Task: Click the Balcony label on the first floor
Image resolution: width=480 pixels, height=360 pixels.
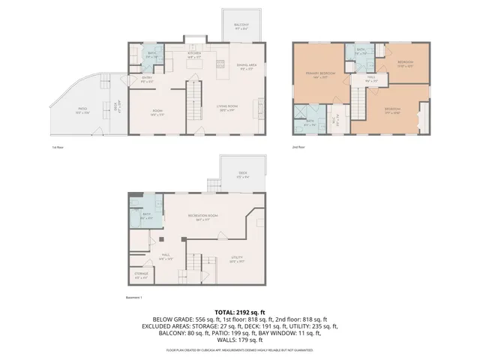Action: click(x=242, y=29)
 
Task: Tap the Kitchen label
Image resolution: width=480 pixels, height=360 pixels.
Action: click(x=193, y=54)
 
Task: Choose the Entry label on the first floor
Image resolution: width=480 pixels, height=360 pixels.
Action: click(x=147, y=79)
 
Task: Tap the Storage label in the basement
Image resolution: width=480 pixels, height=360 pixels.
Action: click(x=141, y=274)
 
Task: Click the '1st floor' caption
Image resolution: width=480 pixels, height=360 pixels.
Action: click(x=58, y=147)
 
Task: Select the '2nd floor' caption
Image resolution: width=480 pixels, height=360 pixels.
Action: click(x=298, y=147)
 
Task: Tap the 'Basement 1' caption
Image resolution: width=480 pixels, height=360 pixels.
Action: click(x=136, y=297)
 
